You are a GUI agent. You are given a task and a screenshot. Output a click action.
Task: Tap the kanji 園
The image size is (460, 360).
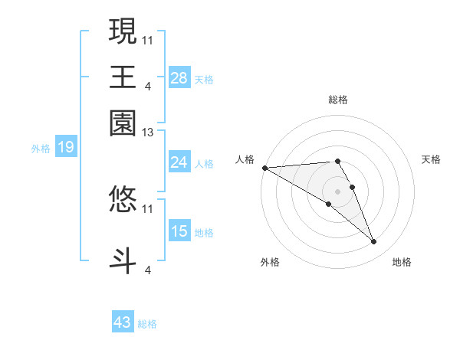123,122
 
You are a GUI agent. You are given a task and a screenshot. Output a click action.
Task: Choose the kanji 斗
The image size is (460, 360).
123,259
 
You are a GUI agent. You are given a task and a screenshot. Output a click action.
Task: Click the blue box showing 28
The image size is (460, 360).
179,78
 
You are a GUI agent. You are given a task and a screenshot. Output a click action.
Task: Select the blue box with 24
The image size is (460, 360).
179,162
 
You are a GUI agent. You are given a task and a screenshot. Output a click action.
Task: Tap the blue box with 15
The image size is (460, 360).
179,231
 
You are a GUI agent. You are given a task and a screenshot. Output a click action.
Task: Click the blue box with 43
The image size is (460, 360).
123,322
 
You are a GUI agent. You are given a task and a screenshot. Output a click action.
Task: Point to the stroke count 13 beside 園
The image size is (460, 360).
148,133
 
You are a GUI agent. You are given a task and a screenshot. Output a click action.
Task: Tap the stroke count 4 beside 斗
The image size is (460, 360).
147,270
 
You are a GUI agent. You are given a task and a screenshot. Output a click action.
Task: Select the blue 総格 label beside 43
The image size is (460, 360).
147,324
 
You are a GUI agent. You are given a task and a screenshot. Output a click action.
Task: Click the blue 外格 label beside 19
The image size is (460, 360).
41,149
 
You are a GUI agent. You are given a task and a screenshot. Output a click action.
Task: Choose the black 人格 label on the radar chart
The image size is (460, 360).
245,159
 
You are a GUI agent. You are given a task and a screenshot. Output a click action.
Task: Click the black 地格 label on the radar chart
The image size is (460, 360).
402,262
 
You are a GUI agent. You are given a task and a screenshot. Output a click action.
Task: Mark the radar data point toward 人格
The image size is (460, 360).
264,168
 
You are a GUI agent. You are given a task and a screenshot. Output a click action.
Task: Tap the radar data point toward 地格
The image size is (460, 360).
374,242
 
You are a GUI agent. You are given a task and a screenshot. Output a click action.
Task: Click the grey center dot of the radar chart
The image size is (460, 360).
337,191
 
